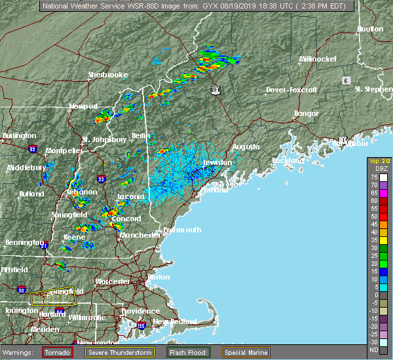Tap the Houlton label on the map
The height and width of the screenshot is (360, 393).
coord(369,29)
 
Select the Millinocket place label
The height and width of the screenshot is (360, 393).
coord(318,59)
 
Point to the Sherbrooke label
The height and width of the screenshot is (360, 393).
coord(108,75)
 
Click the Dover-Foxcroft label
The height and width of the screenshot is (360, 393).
coord(292,89)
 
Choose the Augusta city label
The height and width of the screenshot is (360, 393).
coord(246,147)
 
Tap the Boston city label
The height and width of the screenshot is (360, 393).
coord(159,277)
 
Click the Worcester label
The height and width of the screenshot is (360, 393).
coord(113,281)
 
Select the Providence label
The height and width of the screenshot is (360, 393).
coord(140,311)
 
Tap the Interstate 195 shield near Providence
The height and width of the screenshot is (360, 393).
coord(141,325)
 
